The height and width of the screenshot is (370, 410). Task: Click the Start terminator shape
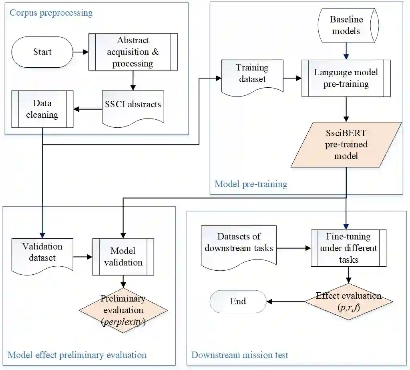pyautogui.click(x=42, y=52)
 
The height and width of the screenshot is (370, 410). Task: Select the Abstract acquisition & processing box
pyautogui.click(x=133, y=52)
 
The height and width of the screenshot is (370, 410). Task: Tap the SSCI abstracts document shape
pyautogui.click(x=133, y=105)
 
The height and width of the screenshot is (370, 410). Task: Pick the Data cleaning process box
pyautogui.click(x=42, y=109)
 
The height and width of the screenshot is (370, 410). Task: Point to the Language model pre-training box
pyautogui.click(x=346, y=78)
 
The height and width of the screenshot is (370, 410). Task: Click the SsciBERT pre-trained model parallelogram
pyautogui.click(x=346, y=144)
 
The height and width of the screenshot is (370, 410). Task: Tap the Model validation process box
pyautogui.click(x=123, y=256)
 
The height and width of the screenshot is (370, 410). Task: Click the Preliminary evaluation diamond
pyautogui.click(x=123, y=310)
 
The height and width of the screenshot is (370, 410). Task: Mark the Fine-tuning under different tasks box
pyautogui.click(x=348, y=248)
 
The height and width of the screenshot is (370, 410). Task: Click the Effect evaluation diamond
pyautogui.click(x=348, y=301)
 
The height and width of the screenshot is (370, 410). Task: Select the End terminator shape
pyautogui.click(x=238, y=301)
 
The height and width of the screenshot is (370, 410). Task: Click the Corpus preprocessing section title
pyautogui.click(x=51, y=13)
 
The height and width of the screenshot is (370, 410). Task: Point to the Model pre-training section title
pyautogui.click(x=251, y=184)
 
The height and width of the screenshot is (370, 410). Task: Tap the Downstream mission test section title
pyautogui.click(x=240, y=355)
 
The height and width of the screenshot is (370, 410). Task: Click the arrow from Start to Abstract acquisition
pyautogui.click(x=80, y=52)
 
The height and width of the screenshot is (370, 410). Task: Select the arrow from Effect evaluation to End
pyautogui.click(x=286, y=302)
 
